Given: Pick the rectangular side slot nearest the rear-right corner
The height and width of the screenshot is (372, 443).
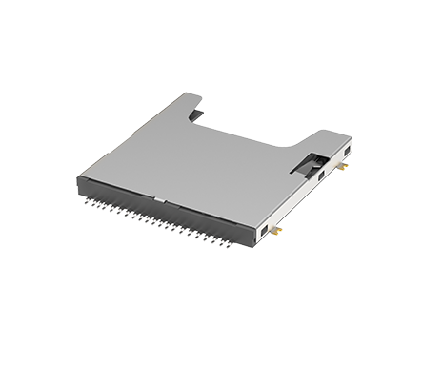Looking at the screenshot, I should pos(345,152).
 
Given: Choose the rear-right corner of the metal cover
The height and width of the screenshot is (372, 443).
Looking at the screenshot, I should pos(352,137).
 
